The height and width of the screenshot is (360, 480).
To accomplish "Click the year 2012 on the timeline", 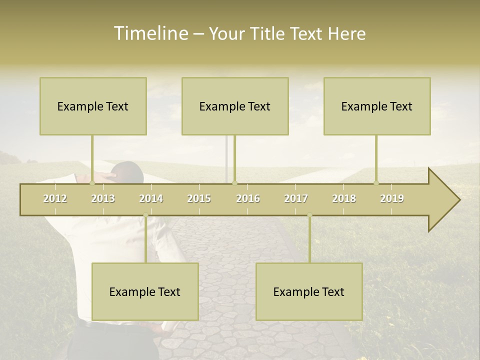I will [55, 198].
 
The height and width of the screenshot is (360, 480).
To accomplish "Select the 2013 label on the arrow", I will [103, 198].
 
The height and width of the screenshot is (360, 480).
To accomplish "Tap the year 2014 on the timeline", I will [151, 198].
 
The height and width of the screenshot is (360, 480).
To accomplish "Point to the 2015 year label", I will [199, 198].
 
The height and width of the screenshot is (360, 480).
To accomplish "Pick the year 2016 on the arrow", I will [248, 198].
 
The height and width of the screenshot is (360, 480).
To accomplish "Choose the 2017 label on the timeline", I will [296, 198].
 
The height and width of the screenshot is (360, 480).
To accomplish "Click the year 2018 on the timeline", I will [344, 198].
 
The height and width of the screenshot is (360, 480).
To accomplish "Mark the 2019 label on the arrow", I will [392, 198].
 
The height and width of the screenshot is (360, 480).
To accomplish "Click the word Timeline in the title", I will [150, 33].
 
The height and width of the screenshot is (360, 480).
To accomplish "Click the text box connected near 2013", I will [93, 106].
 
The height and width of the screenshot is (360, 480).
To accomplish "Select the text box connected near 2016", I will [235, 106].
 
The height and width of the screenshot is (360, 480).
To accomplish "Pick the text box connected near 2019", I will [377, 106].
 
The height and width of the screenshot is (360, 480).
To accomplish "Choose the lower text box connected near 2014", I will [145, 291].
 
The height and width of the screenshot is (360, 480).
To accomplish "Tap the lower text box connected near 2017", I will [309, 291].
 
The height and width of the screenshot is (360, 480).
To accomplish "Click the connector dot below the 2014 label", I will [145, 215].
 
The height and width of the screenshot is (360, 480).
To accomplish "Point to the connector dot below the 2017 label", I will [309, 215].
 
